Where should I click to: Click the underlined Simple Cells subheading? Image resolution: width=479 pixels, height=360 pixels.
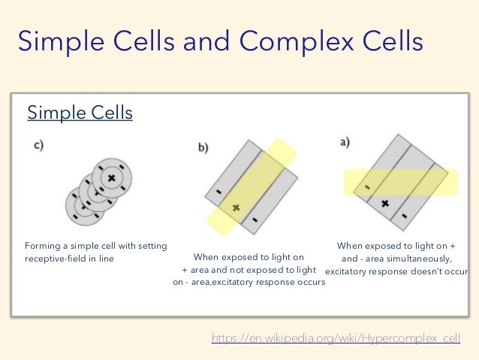(x=80, y=113)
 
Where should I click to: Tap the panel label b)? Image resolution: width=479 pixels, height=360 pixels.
(x=203, y=148)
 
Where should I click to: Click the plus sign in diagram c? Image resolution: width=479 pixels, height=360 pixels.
(x=111, y=177)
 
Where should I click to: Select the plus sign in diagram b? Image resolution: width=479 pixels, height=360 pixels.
(x=235, y=207)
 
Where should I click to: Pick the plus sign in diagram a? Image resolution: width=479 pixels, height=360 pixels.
(x=384, y=203)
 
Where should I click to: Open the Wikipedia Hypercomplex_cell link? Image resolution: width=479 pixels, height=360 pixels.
(x=336, y=339)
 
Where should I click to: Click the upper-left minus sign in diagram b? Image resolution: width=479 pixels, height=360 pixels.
(x=218, y=192)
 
